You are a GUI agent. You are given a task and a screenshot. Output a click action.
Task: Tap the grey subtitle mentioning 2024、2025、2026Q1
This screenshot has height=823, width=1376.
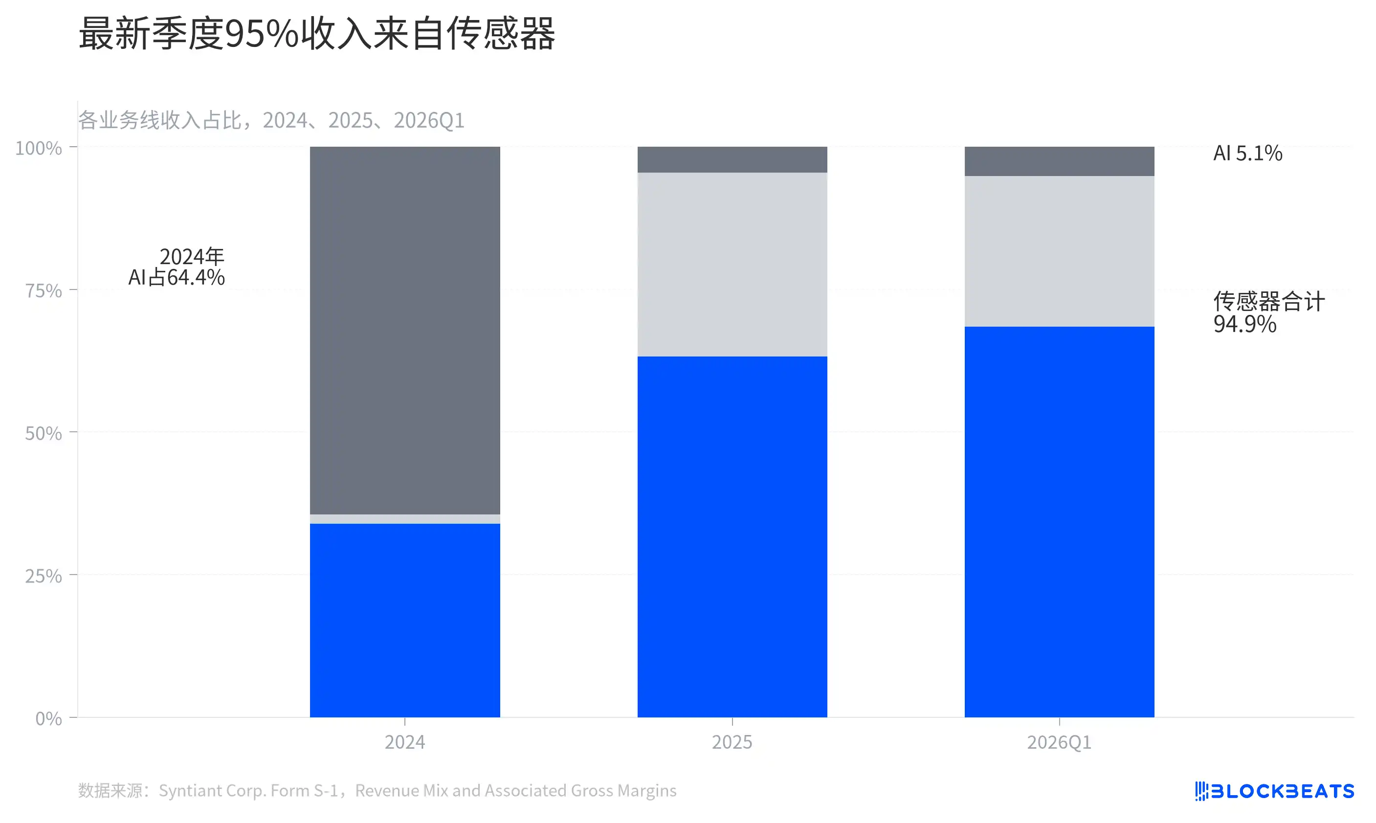271,120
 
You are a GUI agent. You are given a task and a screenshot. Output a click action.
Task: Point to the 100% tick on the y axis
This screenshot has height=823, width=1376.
38,148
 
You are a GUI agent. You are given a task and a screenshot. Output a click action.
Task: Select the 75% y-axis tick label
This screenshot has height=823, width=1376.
43,290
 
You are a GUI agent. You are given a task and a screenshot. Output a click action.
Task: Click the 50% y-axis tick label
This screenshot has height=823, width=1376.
43,433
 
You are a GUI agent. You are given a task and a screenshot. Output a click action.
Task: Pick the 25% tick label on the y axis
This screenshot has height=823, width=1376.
43,576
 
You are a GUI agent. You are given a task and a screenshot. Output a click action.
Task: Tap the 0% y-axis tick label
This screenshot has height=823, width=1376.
48,719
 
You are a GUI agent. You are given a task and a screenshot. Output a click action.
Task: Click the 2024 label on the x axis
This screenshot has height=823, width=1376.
405,742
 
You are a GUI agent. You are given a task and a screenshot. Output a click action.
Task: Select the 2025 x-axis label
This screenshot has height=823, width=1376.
732,742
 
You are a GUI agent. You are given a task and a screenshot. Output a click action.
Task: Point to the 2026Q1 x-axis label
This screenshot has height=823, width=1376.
1059,742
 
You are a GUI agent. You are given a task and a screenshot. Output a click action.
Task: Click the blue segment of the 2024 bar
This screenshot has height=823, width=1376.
405,621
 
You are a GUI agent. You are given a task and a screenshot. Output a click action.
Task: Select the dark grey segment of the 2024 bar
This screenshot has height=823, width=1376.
405,331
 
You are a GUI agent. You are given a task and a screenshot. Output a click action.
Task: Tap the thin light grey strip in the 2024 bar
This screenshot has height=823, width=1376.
405,519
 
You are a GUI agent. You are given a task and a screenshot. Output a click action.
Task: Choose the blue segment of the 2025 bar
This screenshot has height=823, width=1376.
732,537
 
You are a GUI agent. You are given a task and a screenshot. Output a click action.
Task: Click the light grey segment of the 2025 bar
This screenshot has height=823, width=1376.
732,265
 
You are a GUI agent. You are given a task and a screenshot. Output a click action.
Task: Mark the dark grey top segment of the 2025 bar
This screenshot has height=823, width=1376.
732,160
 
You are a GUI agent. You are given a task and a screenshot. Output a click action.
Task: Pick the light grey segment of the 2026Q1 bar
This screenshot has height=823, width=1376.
1059,251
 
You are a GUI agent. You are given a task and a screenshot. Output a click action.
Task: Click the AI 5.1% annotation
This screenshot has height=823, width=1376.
1247,153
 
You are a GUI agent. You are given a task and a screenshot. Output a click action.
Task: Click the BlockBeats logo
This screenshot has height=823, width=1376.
1274,791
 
